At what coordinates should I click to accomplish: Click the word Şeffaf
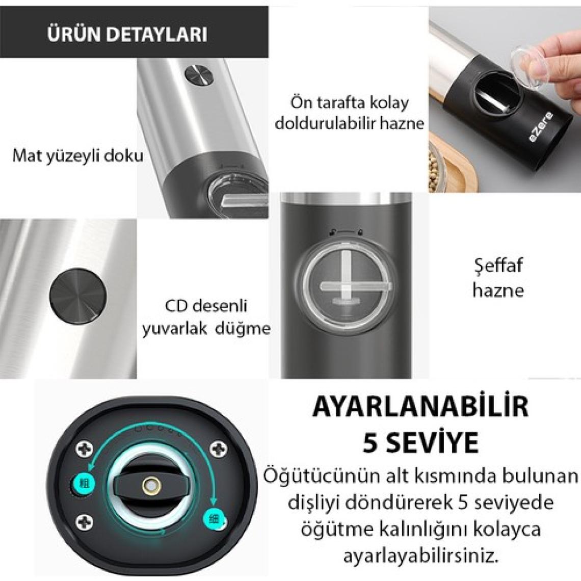point(498,266)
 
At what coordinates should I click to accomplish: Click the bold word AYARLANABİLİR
point(420,407)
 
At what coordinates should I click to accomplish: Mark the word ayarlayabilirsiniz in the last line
point(420,556)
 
